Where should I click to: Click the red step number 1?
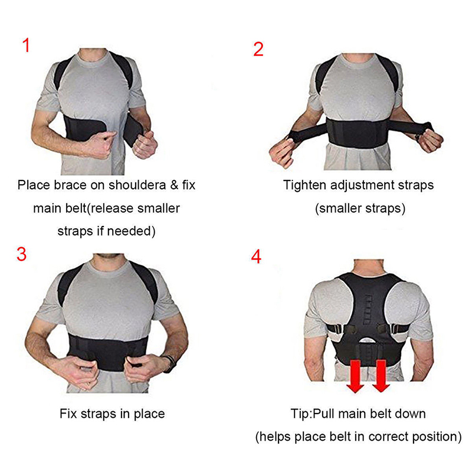coord(27,45)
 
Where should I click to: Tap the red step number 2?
coord(258,49)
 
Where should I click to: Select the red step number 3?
coord(21,254)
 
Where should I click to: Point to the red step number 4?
coord(256,257)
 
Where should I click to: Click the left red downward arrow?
coord(356,376)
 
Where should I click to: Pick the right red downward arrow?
coord(381,376)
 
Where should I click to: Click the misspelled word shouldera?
coord(137,185)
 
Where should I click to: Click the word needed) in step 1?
coord(131,231)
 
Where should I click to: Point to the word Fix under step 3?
coord(69,414)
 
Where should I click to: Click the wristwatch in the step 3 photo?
coord(169,363)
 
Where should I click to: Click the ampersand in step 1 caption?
coord(174,185)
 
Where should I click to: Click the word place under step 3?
coord(149,414)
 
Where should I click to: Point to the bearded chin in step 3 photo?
coord(109,256)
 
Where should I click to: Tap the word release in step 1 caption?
coord(113,208)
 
